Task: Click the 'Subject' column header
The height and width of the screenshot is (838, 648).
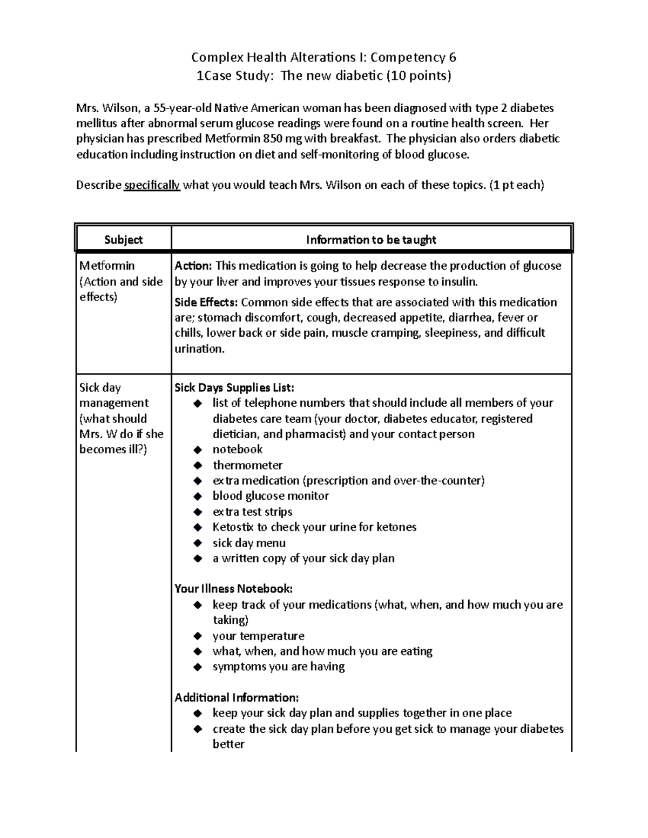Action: tap(123, 240)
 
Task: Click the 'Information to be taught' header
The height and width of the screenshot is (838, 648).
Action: tap(371, 240)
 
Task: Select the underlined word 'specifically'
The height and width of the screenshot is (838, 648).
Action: tap(152, 185)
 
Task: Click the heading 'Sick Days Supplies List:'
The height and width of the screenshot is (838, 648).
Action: tap(234, 387)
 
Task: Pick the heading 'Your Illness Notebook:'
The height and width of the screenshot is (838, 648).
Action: tap(233, 589)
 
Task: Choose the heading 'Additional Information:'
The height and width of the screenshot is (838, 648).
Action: tap(236, 698)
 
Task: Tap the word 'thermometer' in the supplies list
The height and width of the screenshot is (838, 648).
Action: tap(247, 465)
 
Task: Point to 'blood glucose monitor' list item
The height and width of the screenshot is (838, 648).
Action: tap(271, 496)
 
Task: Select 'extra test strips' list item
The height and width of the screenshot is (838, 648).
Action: tap(252, 512)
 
